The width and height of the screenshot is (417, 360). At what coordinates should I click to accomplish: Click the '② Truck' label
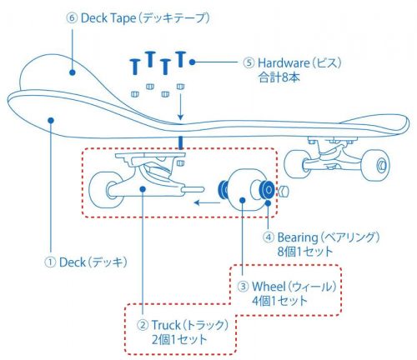(x=181, y=325)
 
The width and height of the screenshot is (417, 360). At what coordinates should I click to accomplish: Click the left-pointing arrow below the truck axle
(x=198, y=201)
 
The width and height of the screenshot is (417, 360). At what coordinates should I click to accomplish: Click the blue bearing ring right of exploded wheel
(x=268, y=190)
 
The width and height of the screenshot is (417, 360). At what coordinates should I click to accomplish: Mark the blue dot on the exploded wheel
(x=243, y=199)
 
